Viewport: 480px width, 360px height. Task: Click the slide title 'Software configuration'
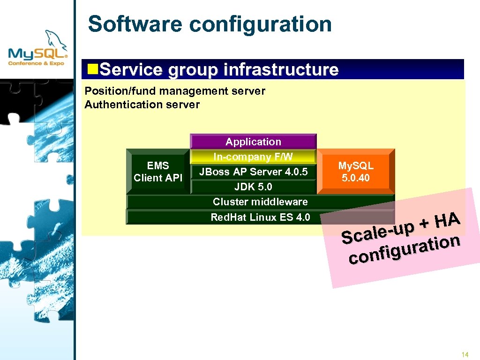[x=210, y=24]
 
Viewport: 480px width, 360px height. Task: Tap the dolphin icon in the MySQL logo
[x=55, y=39]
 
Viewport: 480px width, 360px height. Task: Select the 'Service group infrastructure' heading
[x=219, y=70]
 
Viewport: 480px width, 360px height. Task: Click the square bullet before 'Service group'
[x=93, y=69]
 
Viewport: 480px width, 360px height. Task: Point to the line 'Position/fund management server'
[x=175, y=91]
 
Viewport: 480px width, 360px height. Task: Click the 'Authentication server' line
[x=142, y=105]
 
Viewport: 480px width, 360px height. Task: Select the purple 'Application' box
[x=253, y=142]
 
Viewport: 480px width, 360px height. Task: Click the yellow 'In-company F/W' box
[x=253, y=157]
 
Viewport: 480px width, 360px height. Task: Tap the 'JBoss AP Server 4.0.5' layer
[x=253, y=172]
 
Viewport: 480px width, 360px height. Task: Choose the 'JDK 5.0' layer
[x=253, y=187]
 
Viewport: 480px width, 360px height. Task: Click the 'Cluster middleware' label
[x=260, y=202]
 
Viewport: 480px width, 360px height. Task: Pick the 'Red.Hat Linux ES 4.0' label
[x=260, y=217]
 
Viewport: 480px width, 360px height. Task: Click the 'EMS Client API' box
[x=158, y=172]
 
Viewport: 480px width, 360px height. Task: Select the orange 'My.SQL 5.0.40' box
[x=356, y=172]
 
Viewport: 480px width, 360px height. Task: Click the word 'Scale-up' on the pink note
[x=378, y=232]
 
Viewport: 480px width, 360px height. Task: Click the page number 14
[x=465, y=354]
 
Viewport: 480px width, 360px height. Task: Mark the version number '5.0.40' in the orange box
[x=356, y=178]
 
